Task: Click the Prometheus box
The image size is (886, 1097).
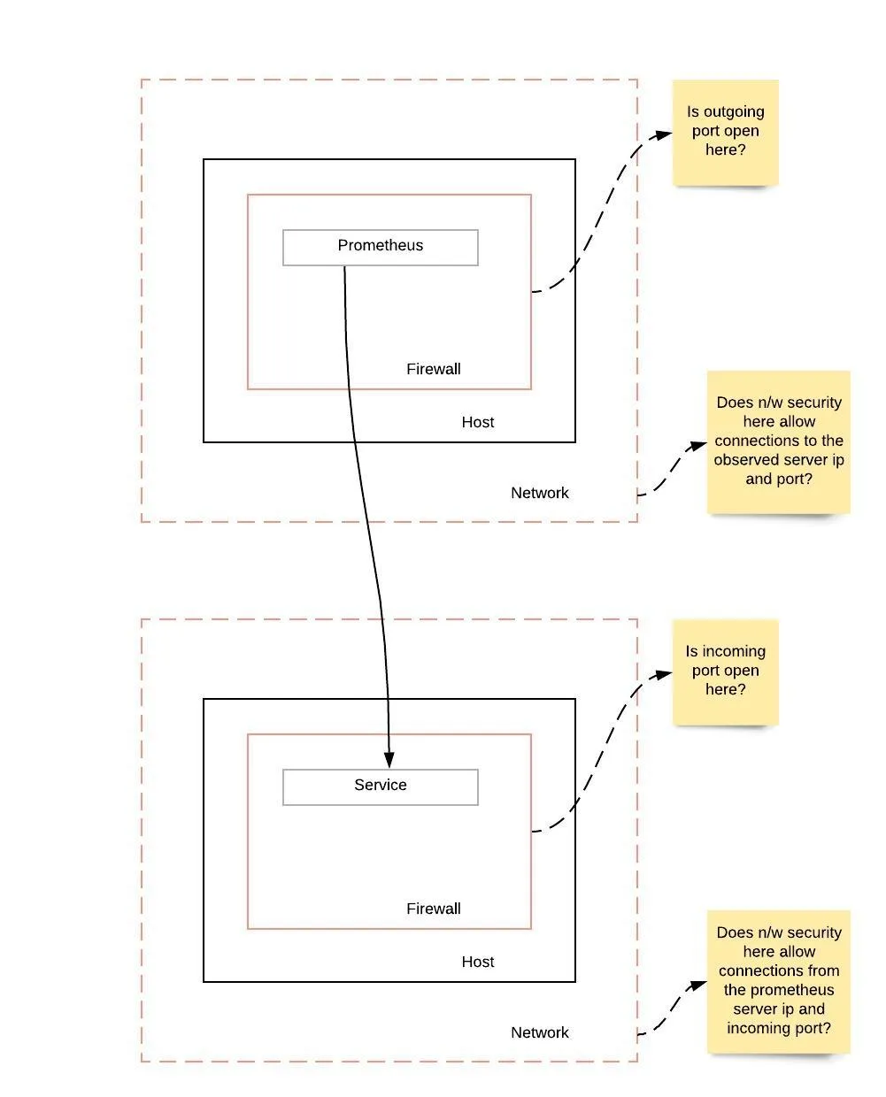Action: tap(381, 247)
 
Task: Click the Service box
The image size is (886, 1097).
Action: tap(381, 786)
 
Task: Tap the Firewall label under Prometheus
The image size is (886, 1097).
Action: tap(434, 369)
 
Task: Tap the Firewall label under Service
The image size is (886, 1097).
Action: tap(434, 909)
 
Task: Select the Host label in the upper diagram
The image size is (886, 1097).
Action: tap(478, 422)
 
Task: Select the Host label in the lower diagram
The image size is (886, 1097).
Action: tap(478, 962)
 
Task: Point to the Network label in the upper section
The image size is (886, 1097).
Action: tap(540, 493)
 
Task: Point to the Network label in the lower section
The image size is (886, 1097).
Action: tap(540, 1032)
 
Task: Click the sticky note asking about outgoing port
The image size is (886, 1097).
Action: tap(726, 132)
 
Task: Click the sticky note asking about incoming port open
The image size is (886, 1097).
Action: tap(726, 671)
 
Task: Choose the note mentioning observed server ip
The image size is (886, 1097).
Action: tap(779, 441)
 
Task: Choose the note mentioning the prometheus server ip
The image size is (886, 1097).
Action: tap(779, 980)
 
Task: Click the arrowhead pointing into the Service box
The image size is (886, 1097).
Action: tap(389, 760)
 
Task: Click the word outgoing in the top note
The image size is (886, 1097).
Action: tap(734, 112)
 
